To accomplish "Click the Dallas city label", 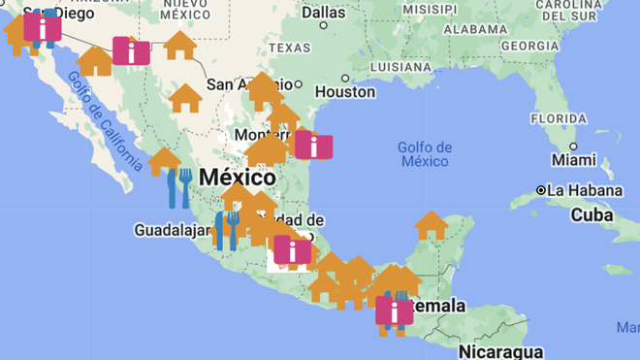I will tap(323, 13).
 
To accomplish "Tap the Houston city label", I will tap(344, 91).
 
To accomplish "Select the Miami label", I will tap(574, 159).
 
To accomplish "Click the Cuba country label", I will tap(591, 214).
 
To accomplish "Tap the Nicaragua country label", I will tap(500, 350).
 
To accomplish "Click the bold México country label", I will tap(237, 178).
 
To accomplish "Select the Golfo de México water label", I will tap(425, 153).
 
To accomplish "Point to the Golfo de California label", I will tap(97, 120).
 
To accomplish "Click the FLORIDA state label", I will tap(559, 118).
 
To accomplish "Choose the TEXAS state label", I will tap(289, 48).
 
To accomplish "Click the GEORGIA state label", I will tap(530, 46).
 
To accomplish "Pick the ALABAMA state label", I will tap(475, 29).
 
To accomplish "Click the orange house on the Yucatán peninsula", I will tap(432, 225).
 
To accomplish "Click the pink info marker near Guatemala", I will tap(394, 311).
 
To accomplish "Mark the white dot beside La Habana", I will tap(542, 190).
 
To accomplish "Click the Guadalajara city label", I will tap(172, 231).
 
